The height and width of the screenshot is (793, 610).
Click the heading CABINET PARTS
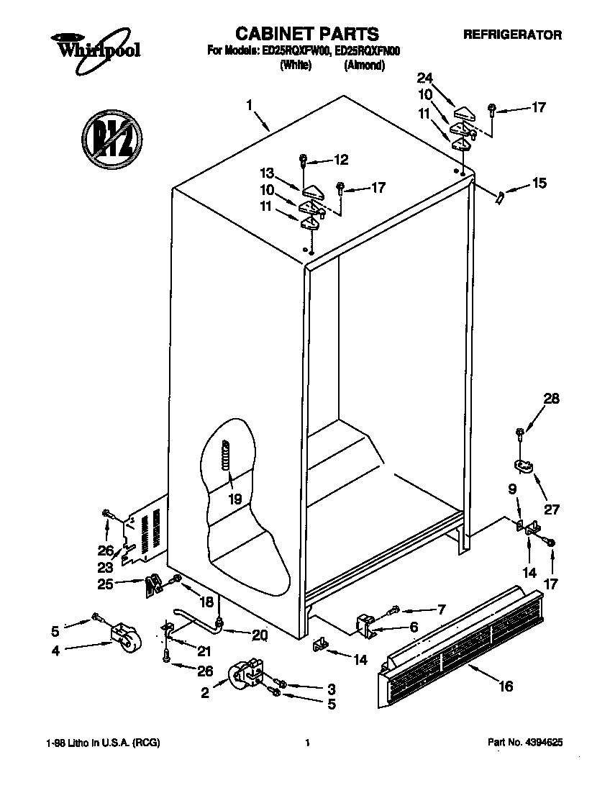(x=307, y=34)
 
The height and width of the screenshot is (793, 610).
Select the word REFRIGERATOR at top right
(x=511, y=35)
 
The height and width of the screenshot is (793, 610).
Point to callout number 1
(x=249, y=105)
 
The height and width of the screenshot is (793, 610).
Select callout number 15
(x=538, y=185)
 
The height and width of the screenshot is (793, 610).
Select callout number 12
(x=340, y=159)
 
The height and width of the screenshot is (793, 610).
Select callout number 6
(x=413, y=627)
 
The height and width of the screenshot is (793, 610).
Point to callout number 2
(x=204, y=694)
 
